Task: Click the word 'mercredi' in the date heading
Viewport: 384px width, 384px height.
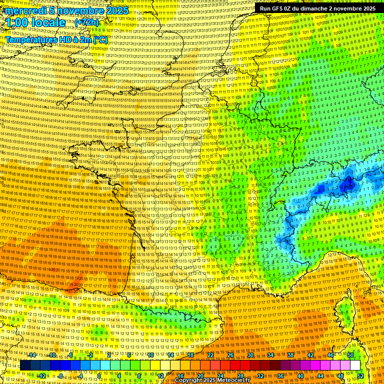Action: click(25, 10)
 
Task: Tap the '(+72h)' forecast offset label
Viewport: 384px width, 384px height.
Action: click(86, 22)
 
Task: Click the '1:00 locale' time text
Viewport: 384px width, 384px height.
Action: click(35, 22)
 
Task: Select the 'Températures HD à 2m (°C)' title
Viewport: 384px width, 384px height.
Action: click(56, 39)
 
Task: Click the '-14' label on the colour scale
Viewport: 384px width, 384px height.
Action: click(32, 355)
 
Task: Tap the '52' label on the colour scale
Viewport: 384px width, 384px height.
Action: click(360, 375)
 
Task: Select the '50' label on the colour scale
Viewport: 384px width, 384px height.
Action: click(350, 355)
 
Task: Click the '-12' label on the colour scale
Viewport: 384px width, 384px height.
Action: click(42, 375)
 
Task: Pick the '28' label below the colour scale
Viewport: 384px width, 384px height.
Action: click(240, 375)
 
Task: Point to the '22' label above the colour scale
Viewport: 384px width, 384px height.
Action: click(210, 355)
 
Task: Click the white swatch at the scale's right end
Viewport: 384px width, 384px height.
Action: click(355, 365)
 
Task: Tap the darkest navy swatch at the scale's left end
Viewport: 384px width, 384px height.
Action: click(25, 365)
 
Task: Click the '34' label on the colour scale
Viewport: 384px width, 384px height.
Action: click(270, 355)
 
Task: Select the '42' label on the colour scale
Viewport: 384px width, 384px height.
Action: click(310, 355)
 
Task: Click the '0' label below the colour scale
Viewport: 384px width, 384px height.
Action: click(99, 375)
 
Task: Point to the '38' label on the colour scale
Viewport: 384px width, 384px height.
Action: click(290, 355)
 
